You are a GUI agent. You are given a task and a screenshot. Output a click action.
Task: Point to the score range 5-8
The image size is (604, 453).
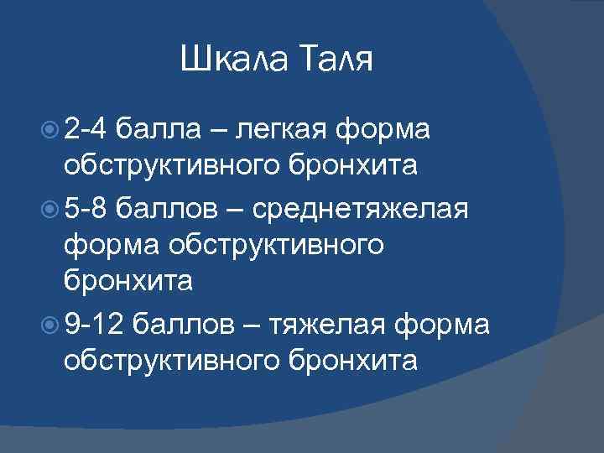pos(84,206)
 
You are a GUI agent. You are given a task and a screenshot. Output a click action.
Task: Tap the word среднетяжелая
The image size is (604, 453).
pos(364,206)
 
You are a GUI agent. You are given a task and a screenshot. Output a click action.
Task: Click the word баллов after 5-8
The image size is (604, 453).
pos(168,206)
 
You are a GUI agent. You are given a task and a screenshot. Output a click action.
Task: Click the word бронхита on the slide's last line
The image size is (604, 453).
pos(352,359)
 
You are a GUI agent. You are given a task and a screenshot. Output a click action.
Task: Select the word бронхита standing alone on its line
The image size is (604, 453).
pos(128,282)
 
